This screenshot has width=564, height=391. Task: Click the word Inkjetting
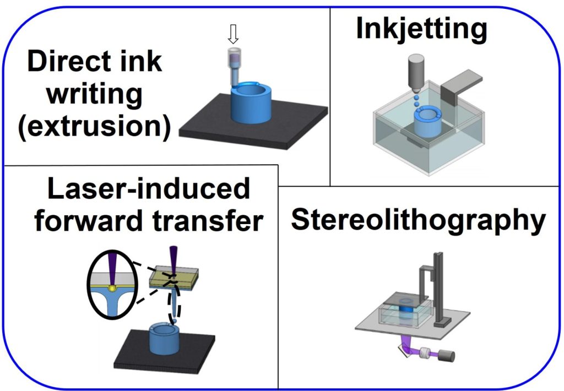(421, 29)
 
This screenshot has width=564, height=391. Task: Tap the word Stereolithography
(418, 221)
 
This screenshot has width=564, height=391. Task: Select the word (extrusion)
(94, 126)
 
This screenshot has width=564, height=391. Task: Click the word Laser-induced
(148, 189)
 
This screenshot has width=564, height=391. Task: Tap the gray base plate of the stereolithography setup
(375, 325)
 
